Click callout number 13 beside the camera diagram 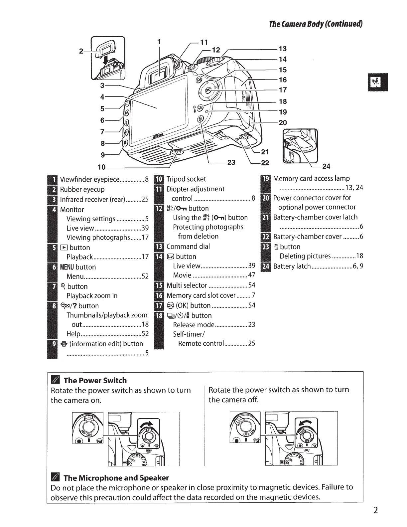pyautogui.click(x=283, y=49)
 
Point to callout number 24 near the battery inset pyautogui.click(x=326, y=166)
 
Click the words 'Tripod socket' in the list pyautogui.click(x=186, y=179)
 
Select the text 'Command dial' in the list pyautogui.click(x=188, y=247)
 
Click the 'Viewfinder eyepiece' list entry pyautogui.click(x=89, y=180)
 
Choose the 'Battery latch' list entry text pyautogui.click(x=292, y=266)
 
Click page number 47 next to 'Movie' pyautogui.click(x=252, y=275)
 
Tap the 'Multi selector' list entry pyautogui.click(x=187, y=285)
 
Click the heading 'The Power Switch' pyautogui.click(x=95, y=380)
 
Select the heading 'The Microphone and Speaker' pyautogui.click(x=116, y=478)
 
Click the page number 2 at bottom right pyautogui.click(x=375, y=510)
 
